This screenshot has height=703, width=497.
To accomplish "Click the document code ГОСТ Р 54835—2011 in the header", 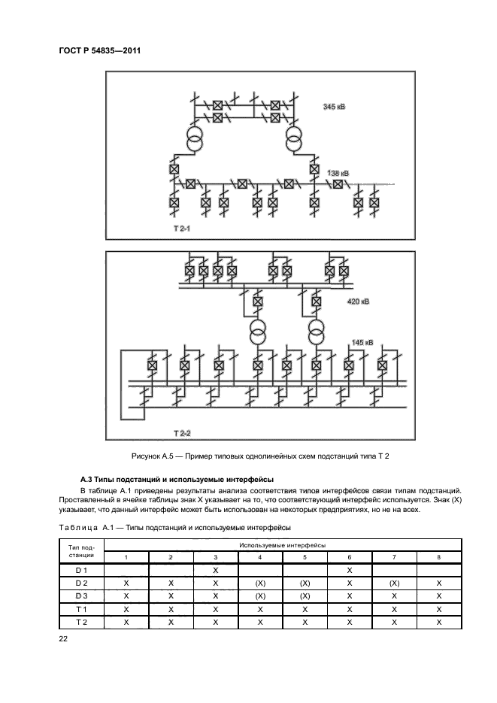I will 99,51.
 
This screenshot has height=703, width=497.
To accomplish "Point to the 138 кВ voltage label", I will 338,173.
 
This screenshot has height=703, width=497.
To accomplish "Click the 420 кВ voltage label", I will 358,302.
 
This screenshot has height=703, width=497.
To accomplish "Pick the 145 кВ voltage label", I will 362,342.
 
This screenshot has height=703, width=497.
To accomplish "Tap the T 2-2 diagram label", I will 182,434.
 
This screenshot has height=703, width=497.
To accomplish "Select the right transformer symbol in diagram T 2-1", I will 295,140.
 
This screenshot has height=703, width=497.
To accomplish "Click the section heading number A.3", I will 87,479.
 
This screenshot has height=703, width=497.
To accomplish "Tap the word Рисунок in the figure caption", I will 147,457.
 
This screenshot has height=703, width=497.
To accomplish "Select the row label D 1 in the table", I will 81,571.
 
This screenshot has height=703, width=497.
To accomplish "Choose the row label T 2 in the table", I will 81,623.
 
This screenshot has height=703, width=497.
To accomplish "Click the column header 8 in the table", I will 438,556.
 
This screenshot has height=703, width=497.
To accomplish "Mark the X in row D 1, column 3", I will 216,571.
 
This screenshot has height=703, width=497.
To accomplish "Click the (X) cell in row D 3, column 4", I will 260,597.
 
